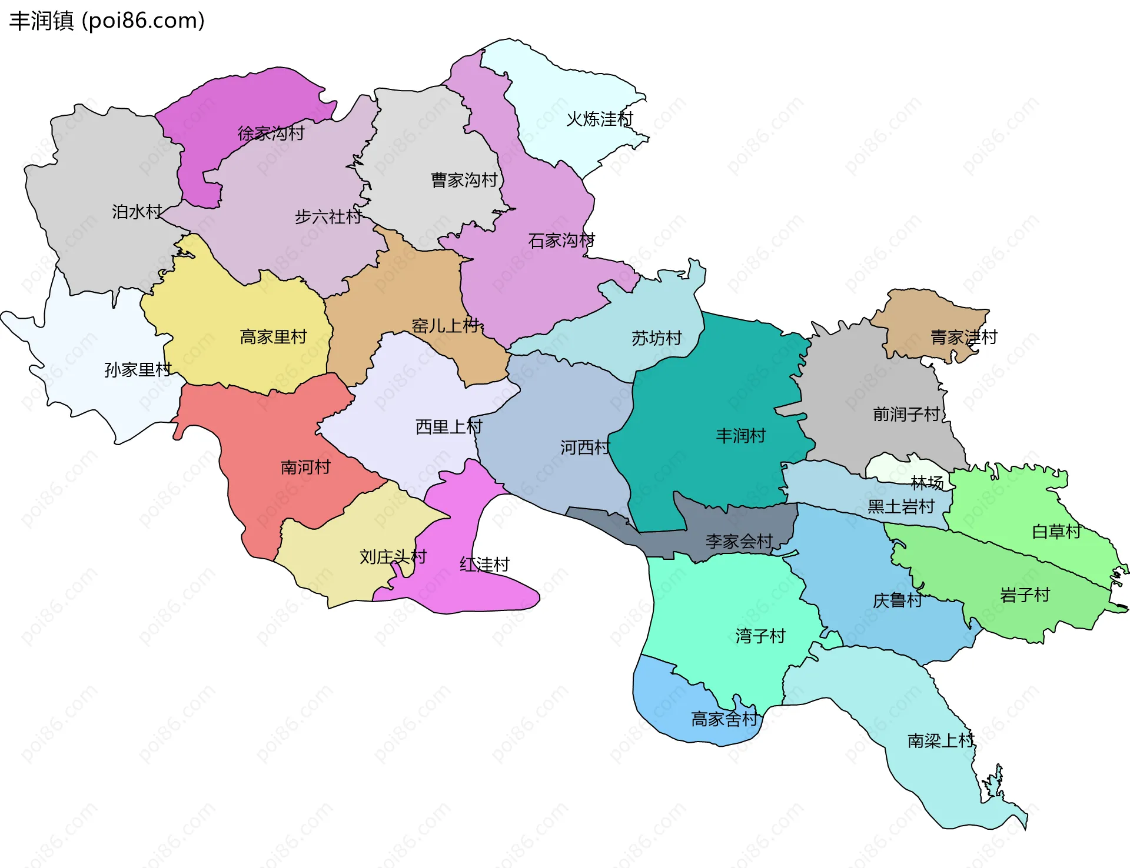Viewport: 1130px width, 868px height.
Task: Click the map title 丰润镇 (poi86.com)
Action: (x=107, y=21)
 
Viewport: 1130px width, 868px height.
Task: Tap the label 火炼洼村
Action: (x=599, y=119)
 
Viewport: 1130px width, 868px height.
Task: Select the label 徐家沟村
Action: (x=271, y=133)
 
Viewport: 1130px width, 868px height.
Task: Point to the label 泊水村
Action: (x=137, y=212)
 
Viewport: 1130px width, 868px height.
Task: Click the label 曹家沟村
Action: (x=464, y=180)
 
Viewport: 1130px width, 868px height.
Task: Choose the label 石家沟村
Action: (x=561, y=241)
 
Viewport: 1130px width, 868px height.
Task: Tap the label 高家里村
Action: (x=273, y=337)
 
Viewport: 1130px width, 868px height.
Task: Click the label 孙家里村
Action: (x=138, y=370)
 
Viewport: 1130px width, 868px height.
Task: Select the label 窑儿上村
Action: (x=446, y=326)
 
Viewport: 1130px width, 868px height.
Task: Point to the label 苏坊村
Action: (x=656, y=338)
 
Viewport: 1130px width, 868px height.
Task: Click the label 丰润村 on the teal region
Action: (x=740, y=436)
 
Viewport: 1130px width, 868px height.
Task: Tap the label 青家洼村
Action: (x=963, y=338)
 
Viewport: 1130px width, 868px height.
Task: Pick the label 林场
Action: (x=927, y=483)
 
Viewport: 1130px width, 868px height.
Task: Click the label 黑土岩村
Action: (x=901, y=507)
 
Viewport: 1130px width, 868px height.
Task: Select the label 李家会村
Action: (x=739, y=542)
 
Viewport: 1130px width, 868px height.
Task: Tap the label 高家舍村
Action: (x=724, y=719)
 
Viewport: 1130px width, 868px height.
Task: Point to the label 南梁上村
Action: (x=940, y=741)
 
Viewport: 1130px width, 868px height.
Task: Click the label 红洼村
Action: (x=484, y=565)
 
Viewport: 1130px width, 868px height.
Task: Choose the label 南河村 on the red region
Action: (x=305, y=468)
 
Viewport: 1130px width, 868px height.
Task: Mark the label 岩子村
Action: (x=1025, y=595)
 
